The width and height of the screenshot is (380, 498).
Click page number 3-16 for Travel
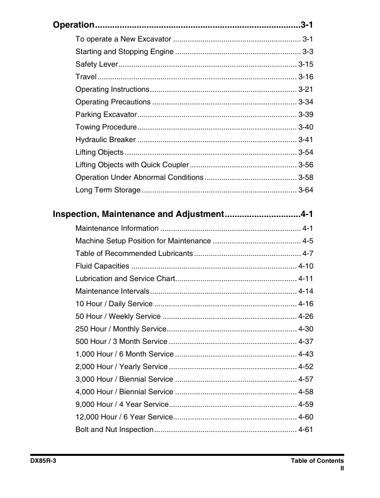[x=306, y=77]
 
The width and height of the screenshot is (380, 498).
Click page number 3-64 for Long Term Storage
[x=306, y=190]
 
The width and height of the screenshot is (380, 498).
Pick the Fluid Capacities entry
[x=103, y=266]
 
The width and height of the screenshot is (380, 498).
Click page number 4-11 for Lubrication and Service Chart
[x=306, y=279]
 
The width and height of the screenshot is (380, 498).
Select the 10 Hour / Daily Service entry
[x=114, y=304]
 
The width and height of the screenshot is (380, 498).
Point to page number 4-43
[x=306, y=354]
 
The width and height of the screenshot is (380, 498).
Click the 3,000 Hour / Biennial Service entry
[x=124, y=379]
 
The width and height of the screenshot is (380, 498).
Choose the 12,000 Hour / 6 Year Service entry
[x=124, y=417]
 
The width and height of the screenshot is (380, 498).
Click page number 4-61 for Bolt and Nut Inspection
[x=306, y=429]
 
